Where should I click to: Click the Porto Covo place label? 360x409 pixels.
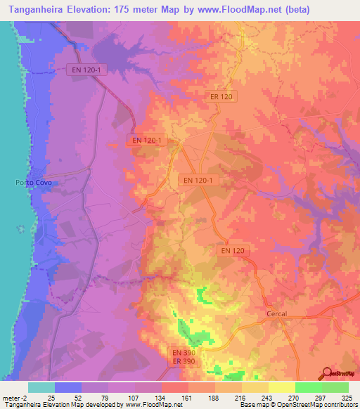tap(34, 183)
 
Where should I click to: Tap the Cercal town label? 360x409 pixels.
tap(278, 313)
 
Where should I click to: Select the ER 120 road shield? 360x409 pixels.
tap(221, 97)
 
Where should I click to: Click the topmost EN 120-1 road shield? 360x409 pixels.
tap(84, 70)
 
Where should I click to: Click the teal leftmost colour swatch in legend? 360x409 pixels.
tap(41, 387)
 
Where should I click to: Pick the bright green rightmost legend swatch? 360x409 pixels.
tap(335, 387)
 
